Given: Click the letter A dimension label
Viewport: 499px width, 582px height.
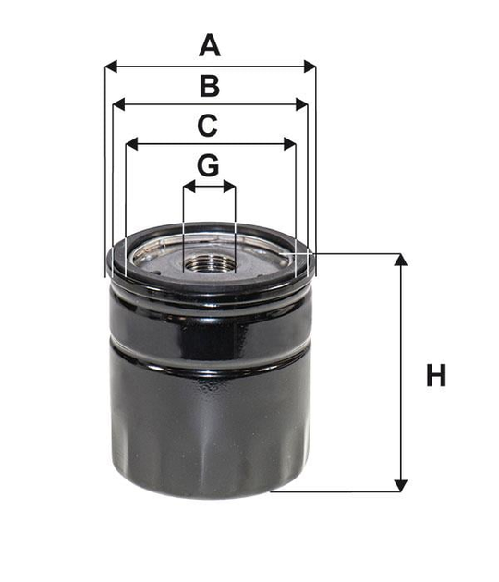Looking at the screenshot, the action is click(x=210, y=45).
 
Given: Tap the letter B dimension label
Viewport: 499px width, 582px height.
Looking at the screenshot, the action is click(x=210, y=86).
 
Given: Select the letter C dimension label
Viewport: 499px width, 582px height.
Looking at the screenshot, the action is click(x=207, y=126).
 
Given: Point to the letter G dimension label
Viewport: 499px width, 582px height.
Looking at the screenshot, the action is click(x=208, y=165).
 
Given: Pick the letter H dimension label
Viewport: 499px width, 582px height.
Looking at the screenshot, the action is click(x=436, y=375).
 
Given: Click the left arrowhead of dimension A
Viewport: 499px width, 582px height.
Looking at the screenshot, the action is click(x=111, y=67).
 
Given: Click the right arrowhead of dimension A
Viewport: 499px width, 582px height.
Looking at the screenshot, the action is click(x=310, y=67).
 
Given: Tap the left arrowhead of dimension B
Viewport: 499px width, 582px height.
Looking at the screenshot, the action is click(x=118, y=105).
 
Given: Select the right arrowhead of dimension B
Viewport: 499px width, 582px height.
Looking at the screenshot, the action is click(x=302, y=105).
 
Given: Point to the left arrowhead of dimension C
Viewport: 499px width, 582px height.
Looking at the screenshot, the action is click(x=132, y=144).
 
